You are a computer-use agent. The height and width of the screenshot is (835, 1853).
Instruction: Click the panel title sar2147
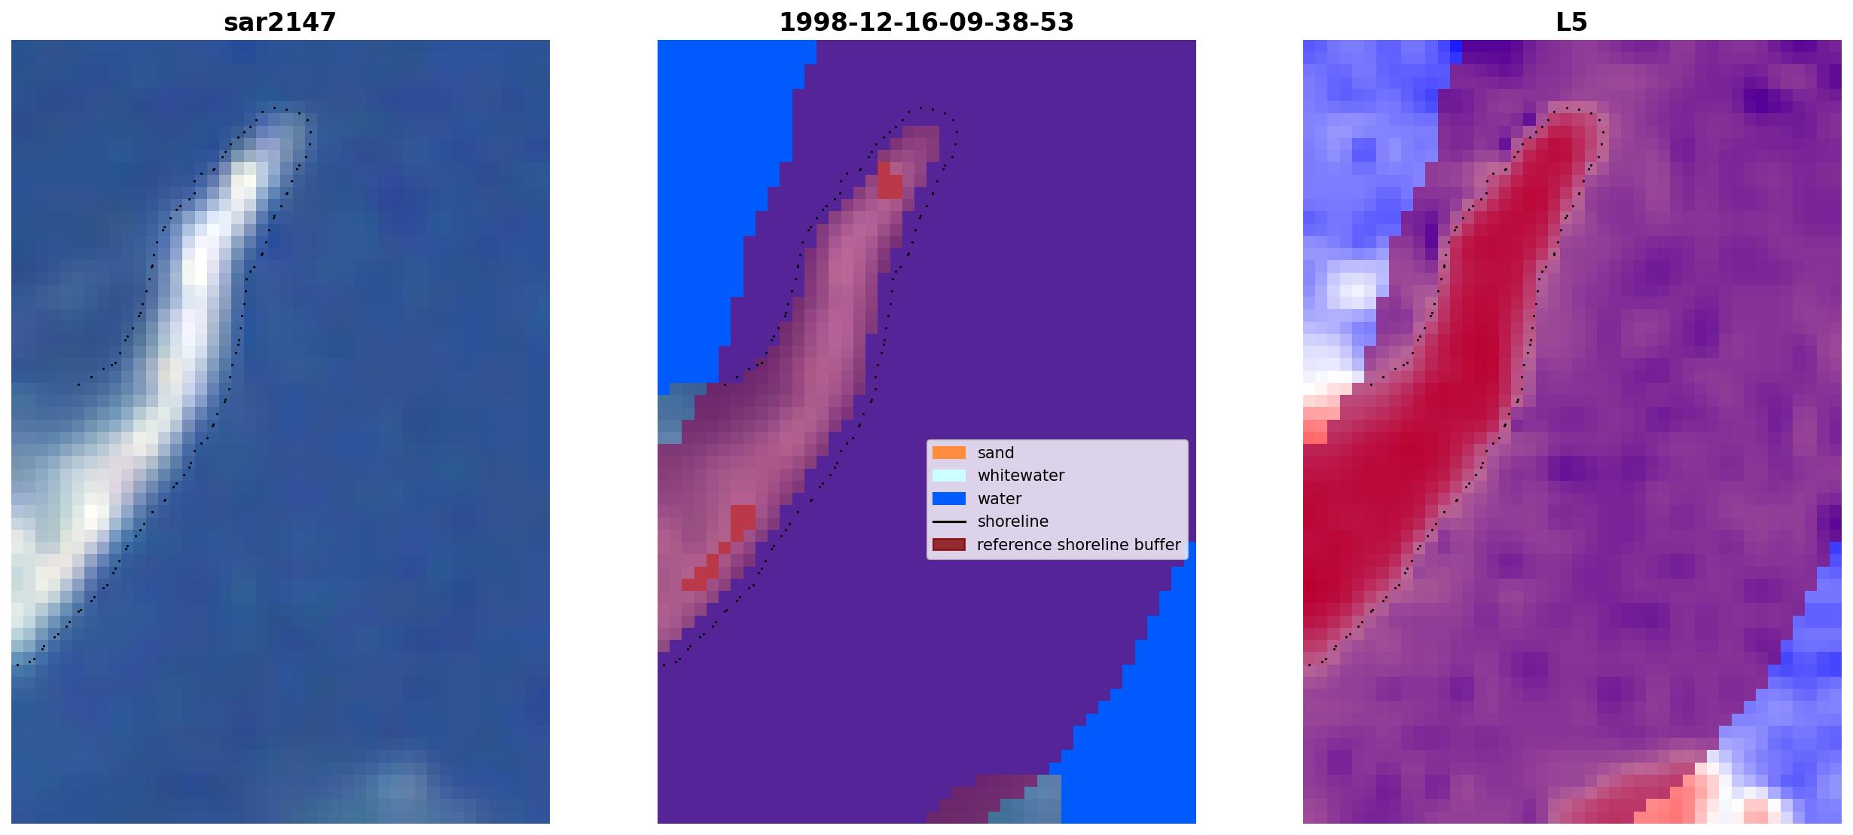[x=279, y=22]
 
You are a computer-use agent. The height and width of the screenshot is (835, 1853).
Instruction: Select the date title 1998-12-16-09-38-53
[x=926, y=22]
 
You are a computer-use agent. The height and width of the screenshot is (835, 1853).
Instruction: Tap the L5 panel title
[x=1571, y=22]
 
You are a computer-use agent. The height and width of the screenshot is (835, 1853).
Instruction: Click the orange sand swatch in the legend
[x=949, y=452]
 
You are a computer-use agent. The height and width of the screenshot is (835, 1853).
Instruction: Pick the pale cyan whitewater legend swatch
[x=949, y=476]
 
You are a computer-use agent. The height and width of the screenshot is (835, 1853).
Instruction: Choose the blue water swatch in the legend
[x=949, y=498]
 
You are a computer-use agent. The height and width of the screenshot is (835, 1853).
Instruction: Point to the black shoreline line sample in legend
[x=949, y=521]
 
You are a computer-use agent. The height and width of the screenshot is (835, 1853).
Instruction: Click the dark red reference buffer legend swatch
[x=949, y=544]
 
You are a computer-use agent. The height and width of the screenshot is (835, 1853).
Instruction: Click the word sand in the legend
[x=996, y=453]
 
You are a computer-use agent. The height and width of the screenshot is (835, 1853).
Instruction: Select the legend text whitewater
[x=1021, y=476]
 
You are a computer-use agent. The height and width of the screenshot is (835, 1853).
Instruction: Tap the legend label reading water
[x=1000, y=499]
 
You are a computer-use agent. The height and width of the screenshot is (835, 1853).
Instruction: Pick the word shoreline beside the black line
[x=1013, y=521]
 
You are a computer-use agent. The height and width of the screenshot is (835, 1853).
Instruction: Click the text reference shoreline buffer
[x=1079, y=545]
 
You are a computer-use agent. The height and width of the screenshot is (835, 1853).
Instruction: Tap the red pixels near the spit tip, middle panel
[x=890, y=181]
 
